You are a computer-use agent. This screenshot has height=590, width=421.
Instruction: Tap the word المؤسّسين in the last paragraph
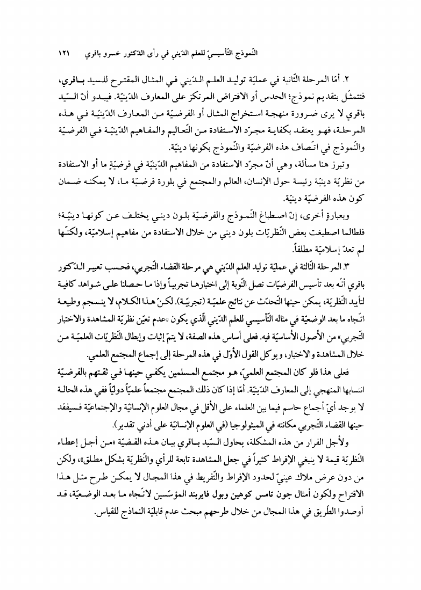coord(112,462)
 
